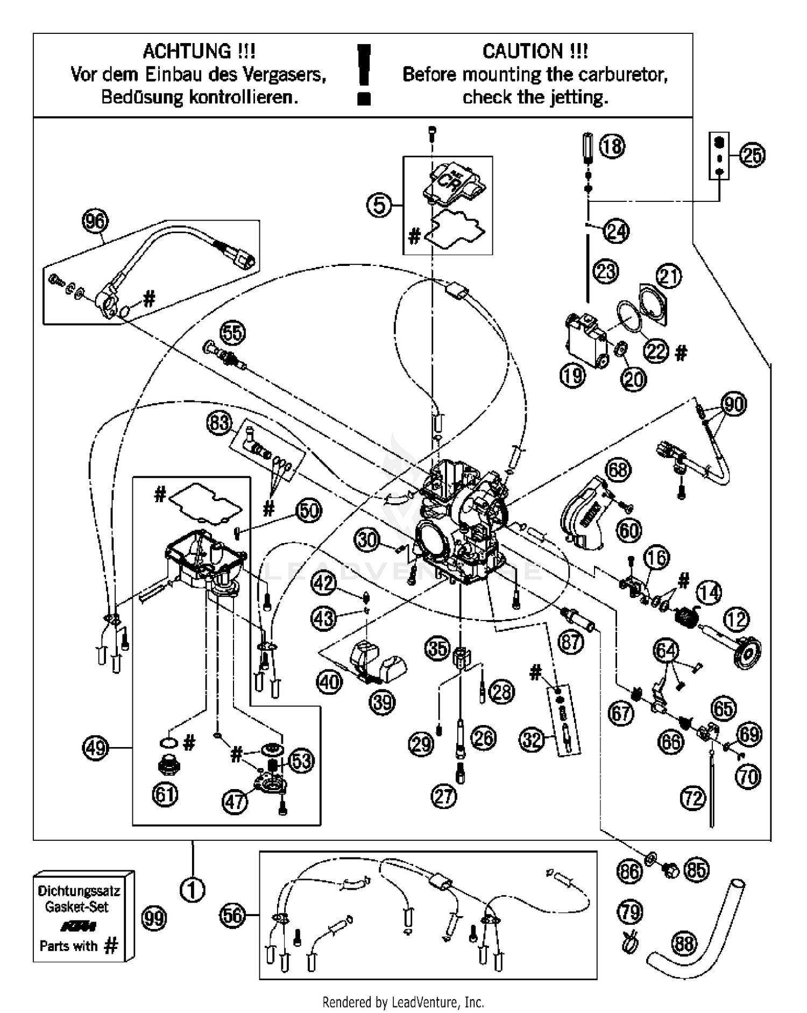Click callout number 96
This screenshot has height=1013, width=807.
pos(95,221)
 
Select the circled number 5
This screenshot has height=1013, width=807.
pos(380,205)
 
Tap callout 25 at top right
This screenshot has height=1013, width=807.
pos(752,155)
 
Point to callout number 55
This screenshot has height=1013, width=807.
pos(232,333)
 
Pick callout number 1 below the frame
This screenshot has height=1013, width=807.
pos(192,890)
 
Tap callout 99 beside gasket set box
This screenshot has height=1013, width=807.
pos(154,918)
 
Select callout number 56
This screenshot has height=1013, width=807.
pos(232,915)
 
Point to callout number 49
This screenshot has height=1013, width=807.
pos(96,748)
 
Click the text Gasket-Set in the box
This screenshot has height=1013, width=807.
pos(76,907)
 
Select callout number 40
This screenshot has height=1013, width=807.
pos(329,683)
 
